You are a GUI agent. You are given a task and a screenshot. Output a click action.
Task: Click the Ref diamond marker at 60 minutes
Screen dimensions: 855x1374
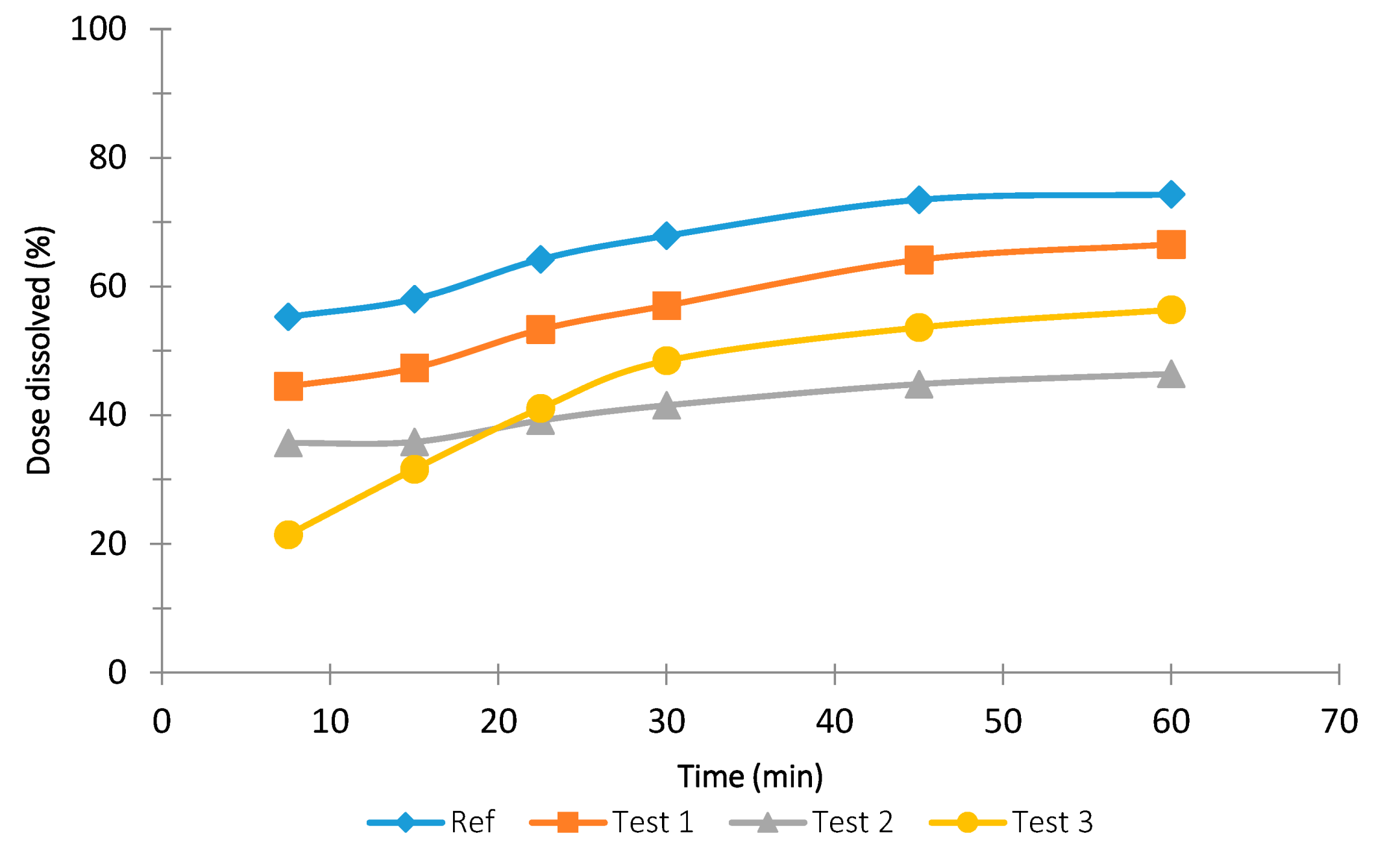1170,194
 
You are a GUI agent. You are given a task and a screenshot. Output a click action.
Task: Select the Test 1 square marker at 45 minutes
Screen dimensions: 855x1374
918,260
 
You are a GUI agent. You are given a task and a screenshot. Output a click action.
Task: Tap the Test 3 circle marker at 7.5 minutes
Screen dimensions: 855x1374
288,534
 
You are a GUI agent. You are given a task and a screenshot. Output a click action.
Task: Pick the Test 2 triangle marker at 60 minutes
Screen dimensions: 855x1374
1170,375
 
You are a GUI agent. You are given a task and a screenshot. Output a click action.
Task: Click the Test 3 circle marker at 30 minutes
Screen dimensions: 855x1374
666,360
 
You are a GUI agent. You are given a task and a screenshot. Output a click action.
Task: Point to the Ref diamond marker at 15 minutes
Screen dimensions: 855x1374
414,299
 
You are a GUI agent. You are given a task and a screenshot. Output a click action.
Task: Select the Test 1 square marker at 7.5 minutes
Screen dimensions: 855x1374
288,386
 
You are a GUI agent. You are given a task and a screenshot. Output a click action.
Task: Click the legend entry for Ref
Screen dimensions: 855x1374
431,822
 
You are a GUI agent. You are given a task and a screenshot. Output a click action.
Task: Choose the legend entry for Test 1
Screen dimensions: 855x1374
611,822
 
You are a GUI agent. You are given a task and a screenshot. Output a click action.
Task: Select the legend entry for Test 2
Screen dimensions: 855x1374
811,822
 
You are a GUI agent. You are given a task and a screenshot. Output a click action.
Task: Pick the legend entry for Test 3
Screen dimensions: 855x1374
1011,822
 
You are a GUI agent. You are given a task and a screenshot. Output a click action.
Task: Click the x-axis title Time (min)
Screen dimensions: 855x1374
750,776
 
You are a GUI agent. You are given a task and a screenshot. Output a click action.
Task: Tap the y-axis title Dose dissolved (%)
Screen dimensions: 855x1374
39,351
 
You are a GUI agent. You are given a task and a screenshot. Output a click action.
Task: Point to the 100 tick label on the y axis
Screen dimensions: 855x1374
98,29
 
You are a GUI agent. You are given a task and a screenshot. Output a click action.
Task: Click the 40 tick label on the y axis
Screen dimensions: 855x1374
107,415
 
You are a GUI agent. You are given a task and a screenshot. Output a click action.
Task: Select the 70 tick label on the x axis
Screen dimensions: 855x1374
1338,721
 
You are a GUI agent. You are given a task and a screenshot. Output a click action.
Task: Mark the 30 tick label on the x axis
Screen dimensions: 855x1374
666,721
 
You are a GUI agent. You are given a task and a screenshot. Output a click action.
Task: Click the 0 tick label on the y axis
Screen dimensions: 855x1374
117,672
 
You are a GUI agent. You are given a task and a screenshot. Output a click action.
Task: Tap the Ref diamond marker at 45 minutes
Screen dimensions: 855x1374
918,199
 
